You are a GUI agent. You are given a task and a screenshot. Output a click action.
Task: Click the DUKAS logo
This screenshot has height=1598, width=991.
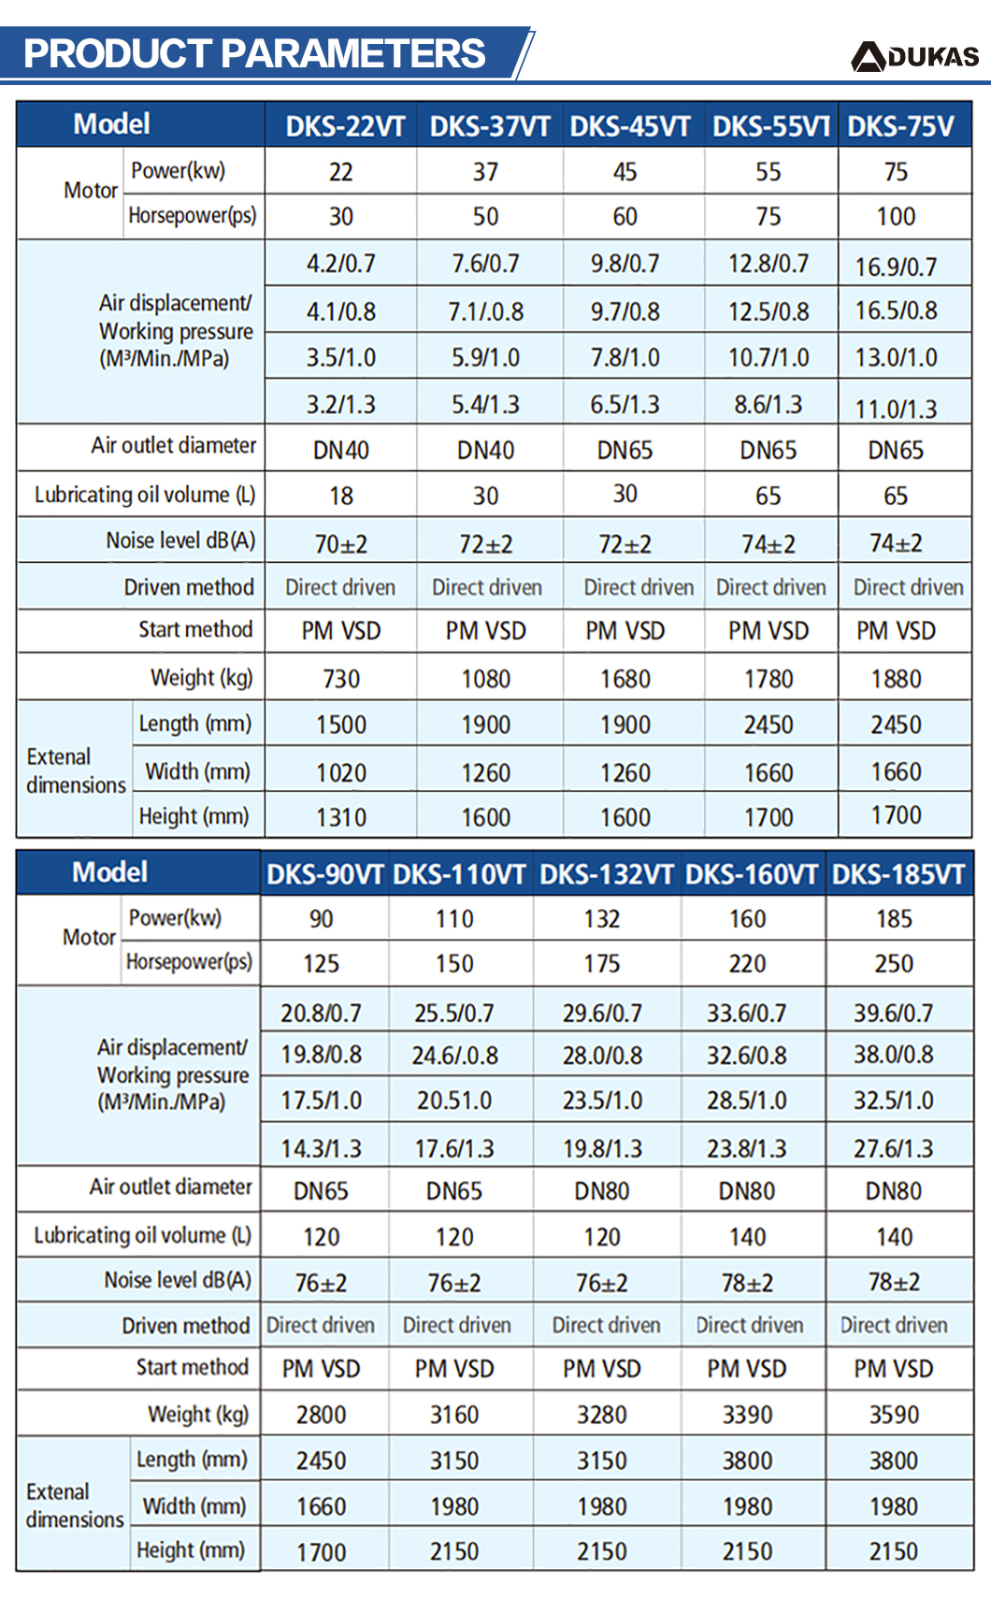914,56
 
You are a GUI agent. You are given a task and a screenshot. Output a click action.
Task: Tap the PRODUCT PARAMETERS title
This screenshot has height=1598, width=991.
254,52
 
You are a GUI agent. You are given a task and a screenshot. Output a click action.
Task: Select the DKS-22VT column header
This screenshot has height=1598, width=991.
345,126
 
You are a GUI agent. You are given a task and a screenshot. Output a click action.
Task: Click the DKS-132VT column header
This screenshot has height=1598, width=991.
607,874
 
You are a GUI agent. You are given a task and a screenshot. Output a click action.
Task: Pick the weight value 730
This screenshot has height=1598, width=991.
341,679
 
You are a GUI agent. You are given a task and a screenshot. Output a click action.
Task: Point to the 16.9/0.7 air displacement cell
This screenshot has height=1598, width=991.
896,266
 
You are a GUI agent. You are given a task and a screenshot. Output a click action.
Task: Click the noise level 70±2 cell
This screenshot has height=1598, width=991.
341,544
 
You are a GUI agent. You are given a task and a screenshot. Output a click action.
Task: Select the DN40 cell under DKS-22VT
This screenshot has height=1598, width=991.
341,450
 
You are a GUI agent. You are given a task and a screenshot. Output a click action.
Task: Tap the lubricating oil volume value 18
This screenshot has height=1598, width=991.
341,496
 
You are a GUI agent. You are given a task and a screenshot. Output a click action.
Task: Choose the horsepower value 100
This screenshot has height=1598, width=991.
896,216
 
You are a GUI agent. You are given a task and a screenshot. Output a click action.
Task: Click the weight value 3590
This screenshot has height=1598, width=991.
893,1415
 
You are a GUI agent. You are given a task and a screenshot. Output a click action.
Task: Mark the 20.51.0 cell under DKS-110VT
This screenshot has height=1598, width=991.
454,1100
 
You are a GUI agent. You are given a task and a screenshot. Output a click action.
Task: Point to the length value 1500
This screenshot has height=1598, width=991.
341,725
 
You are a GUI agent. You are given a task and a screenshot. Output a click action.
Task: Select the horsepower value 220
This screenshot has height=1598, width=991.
747,964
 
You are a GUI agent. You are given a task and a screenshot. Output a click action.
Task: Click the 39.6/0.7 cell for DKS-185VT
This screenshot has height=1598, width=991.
893,1013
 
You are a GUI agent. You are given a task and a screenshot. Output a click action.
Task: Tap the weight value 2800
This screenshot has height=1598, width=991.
321,1415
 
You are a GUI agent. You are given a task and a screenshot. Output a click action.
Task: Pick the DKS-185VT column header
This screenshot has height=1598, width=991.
898,874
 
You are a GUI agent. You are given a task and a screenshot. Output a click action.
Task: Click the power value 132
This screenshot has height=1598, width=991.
601,919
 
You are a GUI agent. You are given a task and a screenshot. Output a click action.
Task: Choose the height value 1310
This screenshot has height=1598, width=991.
341,817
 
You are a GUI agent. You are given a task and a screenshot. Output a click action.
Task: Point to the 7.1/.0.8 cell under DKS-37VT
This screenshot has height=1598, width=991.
485,311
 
